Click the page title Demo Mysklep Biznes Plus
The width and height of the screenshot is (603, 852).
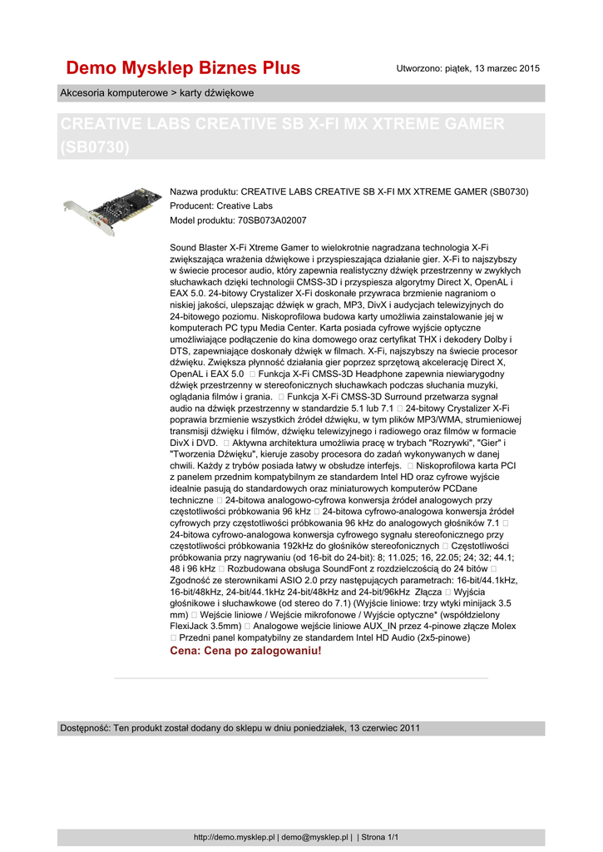pyautogui.click(x=183, y=67)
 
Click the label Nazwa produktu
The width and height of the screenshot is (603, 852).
pyautogui.click(x=204, y=192)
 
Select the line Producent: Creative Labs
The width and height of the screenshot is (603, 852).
pyautogui.click(x=221, y=206)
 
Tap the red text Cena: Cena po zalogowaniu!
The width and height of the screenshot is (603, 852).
pyautogui.click(x=245, y=651)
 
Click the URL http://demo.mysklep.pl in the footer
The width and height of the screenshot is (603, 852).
pyautogui.click(x=235, y=837)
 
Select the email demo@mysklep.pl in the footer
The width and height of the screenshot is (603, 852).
pyautogui.click(x=315, y=837)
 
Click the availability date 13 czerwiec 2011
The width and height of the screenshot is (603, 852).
pyautogui.click(x=383, y=728)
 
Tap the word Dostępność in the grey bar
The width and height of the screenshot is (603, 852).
pyautogui.click(x=84, y=728)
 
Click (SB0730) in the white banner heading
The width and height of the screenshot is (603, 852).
pyautogui.click(x=96, y=147)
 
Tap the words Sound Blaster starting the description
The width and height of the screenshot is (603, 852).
pyautogui.click(x=200, y=248)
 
